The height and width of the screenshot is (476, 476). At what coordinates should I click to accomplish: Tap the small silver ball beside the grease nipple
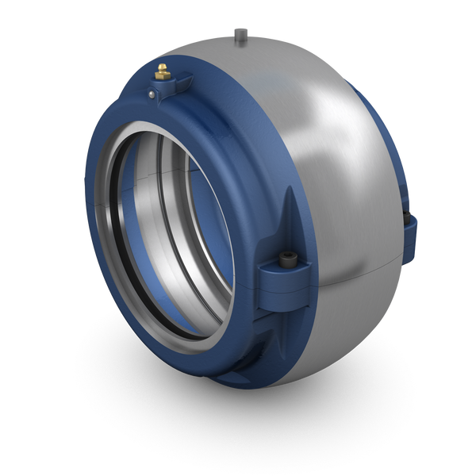click(152, 94)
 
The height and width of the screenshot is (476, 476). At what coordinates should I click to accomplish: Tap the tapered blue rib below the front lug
click(282, 333)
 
